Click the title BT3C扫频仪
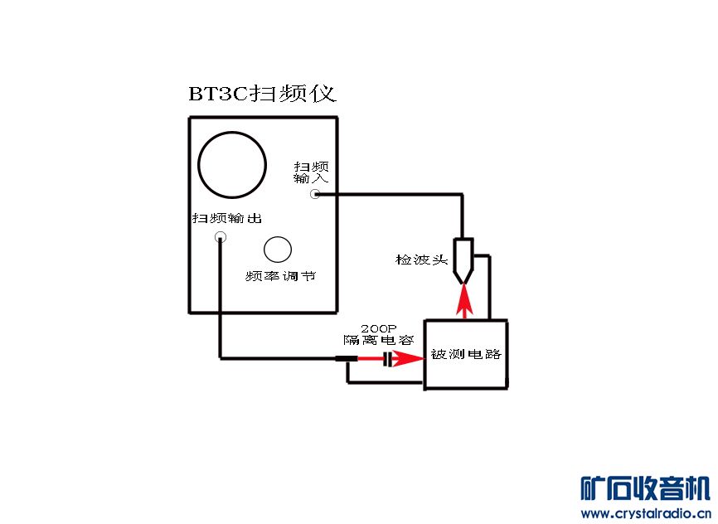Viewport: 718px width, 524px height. tap(262, 93)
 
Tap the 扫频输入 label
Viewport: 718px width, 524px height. tap(311, 172)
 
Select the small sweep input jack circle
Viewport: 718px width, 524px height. tap(315, 194)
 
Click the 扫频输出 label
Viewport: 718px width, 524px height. tap(227, 219)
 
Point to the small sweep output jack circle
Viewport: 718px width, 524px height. tap(221, 237)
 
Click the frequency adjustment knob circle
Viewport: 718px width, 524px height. tap(278, 249)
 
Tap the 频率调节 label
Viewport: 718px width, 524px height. tap(280, 276)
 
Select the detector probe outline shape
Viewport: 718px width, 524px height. tap(463, 259)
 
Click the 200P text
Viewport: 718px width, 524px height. tap(378, 328)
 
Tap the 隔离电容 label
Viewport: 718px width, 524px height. tap(378, 340)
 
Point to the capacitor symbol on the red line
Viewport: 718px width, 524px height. tap(386, 359)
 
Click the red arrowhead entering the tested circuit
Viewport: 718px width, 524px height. tap(410, 359)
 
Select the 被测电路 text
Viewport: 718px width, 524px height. tap(466, 354)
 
